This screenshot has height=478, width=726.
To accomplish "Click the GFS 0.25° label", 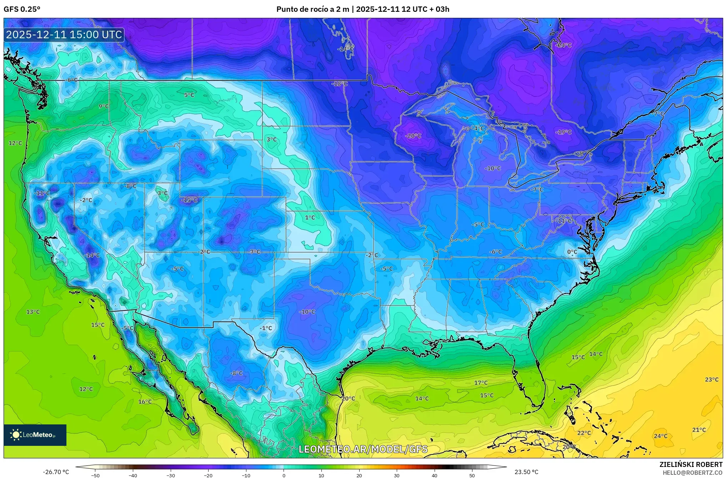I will [x=22, y=9].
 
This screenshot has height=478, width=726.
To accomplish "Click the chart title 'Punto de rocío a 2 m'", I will [x=312, y=9].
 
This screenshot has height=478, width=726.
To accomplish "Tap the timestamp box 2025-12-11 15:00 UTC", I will [x=64, y=35].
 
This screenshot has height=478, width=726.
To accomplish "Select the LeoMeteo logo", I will [x=35, y=435].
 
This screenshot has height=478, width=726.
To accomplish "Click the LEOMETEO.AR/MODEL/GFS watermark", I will [x=363, y=449].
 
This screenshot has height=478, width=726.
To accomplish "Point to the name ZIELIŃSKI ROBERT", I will [x=691, y=464].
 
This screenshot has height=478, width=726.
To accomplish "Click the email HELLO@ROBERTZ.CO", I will [x=692, y=472].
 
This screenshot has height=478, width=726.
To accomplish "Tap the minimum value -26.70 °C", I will [x=56, y=472].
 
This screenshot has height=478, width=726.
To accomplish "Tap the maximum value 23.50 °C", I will [x=526, y=472].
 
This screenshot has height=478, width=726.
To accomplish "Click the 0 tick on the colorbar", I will [x=284, y=475].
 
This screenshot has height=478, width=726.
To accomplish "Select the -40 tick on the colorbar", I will [x=133, y=475].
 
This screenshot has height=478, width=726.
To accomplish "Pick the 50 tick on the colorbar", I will [x=472, y=475].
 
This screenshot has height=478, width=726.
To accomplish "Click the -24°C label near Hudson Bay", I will [x=564, y=45].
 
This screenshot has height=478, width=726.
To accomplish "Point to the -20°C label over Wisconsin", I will [x=414, y=136].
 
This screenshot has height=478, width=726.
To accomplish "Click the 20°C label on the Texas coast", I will [x=348, y=398].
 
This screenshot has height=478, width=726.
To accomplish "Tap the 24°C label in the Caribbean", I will [x=660, y=436].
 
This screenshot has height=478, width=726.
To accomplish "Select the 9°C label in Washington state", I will [x=104, y=106].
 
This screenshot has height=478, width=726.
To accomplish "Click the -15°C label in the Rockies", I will [x=189, y=200].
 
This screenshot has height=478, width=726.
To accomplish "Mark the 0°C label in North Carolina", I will [x=572, y=252].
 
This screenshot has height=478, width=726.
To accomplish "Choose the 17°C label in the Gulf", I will [x=481, y=383].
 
